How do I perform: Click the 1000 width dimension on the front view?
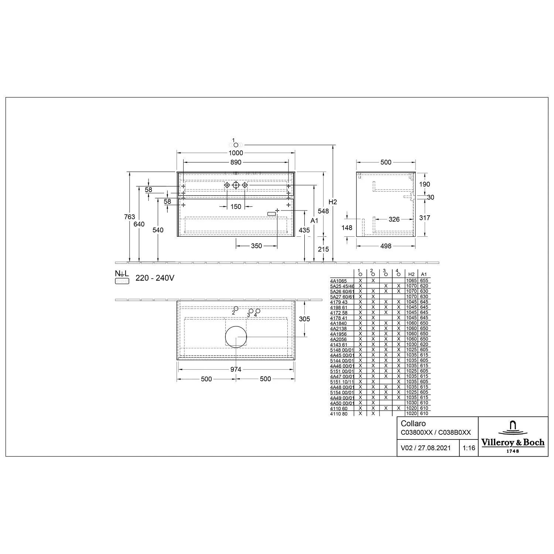236,153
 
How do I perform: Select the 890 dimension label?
236,162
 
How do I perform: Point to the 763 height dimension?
130,217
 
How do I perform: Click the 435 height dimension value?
304,230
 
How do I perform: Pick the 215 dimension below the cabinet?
323,249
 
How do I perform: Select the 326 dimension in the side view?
394,219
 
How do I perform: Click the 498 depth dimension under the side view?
386,246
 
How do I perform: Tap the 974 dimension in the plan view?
236,369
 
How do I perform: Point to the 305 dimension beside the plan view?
304,319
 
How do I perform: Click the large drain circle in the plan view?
236,337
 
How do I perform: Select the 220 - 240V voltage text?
155,278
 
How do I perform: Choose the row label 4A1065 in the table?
338,281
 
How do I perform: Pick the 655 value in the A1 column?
424,281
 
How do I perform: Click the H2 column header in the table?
411,274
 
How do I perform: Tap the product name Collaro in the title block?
413,424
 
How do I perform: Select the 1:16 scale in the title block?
469,448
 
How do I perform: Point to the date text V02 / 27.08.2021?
425,448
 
